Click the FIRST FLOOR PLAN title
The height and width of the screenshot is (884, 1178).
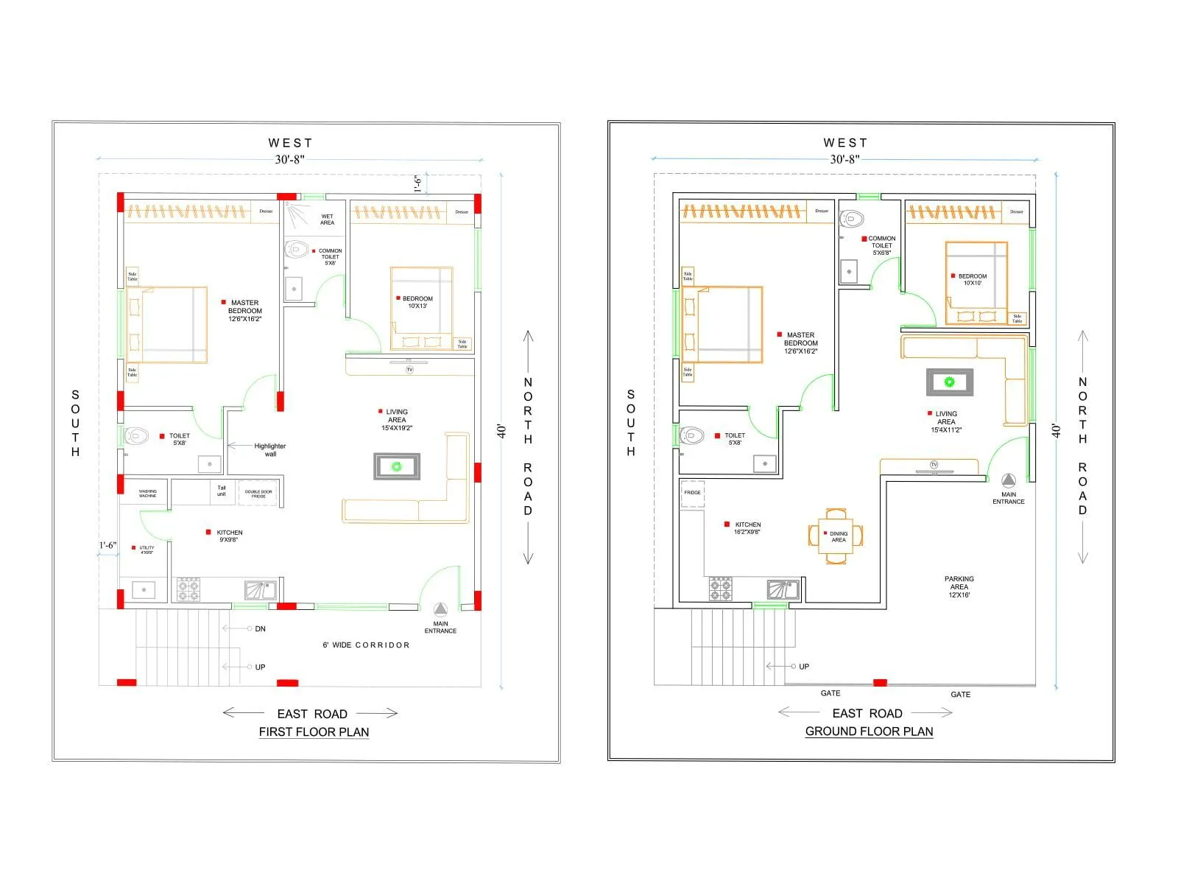point(314,732)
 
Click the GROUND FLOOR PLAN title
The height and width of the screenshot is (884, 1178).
point(869,731)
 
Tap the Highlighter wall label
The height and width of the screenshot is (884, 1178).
point(270,449)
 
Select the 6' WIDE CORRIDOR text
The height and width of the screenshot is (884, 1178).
point(366,645)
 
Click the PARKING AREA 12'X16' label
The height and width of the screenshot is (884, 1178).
point(959,586)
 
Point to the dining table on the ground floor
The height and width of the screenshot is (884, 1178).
point(836,536)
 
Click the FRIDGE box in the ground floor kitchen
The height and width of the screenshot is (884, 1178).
point(692,493)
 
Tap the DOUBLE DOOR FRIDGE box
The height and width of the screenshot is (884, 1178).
point(258,494)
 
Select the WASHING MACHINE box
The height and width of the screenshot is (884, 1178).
point(148,493)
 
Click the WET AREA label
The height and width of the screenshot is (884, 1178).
point(327,220)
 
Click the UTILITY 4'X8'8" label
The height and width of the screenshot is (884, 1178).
point(147,550)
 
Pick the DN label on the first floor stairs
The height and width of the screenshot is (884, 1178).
point(260,628)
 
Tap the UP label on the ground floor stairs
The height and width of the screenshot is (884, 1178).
point(804,666)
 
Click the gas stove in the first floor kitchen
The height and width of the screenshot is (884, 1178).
point(188,589)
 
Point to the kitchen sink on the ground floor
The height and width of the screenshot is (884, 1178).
point(783,589)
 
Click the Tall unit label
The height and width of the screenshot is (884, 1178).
point(222,491)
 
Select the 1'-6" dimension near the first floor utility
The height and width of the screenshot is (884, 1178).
point(107,545)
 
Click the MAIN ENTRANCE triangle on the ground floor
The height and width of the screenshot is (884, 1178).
point(1008,479)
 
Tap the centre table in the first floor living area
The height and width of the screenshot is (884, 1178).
point(397,466)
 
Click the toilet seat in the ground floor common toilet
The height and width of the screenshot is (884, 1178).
point(852,219)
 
